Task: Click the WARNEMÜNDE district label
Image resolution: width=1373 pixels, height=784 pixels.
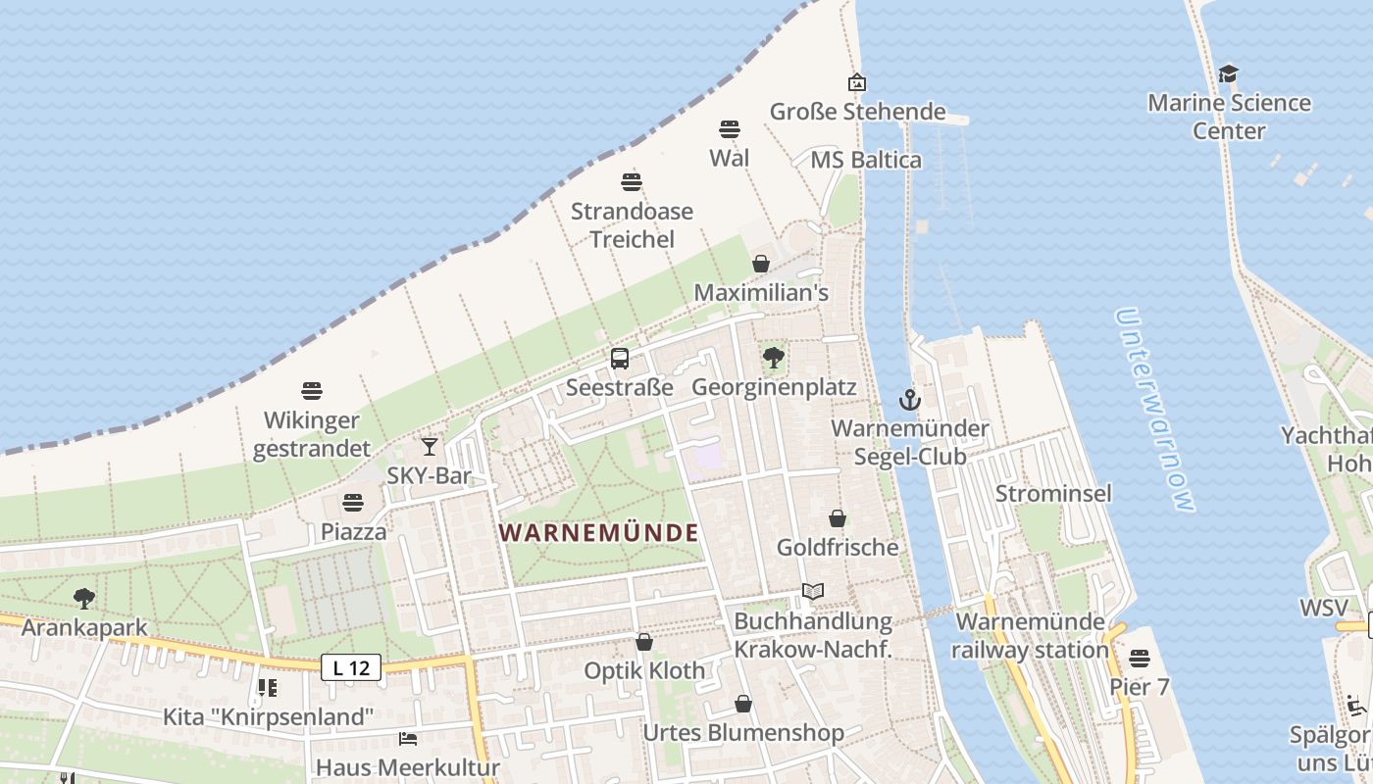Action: [598, 533]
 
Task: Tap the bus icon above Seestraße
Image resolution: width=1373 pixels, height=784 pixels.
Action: [620, 359]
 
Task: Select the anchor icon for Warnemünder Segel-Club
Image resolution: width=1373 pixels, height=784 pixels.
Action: [910, 400]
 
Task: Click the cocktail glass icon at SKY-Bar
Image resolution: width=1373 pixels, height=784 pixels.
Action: [430, 447]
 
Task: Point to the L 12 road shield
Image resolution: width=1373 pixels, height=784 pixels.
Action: [351, 668]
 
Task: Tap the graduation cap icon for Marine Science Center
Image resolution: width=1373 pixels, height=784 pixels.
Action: [1228, 73]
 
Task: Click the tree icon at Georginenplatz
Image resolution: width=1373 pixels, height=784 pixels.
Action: [774, 358]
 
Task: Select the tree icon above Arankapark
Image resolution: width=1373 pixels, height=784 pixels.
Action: [84, 598]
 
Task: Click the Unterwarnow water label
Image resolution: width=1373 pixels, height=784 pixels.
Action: [1156, 410]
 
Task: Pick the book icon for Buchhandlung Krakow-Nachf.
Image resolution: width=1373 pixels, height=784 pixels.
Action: [812, 591]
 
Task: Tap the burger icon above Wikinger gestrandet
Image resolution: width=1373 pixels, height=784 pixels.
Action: [312, 391]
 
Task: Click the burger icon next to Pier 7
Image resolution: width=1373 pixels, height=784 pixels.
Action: [1139, 658]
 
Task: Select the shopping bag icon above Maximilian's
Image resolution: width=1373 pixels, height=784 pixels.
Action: [760, 264]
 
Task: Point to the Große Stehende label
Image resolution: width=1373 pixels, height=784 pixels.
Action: [857, 112]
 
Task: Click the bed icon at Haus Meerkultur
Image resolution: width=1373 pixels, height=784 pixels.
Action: [408, 738]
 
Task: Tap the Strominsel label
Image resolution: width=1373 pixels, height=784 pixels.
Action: [1053, 493]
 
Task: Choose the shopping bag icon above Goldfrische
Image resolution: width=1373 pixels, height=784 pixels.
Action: [838, 517]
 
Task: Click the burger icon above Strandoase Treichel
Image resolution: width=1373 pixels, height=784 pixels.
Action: [632, 181]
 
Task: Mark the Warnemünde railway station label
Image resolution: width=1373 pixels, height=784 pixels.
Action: [1030, 635]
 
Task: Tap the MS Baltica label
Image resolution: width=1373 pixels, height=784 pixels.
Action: [866, 160]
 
